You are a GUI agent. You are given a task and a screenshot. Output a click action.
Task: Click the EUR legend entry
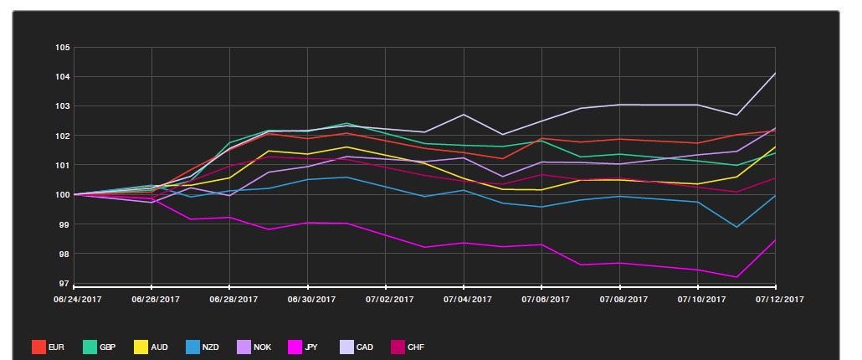pos(48,347)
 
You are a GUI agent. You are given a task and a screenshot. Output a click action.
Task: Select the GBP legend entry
pos(100,347)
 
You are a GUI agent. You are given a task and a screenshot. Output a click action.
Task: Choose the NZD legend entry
pos(203,347)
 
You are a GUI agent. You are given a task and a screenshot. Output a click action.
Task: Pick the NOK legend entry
pos(255,347)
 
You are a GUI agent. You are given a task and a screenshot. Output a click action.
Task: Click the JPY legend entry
pos(306,347)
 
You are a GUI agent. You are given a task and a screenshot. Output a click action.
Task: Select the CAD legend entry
pos(357,347)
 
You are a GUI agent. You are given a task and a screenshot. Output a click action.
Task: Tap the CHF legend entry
pos(409,347)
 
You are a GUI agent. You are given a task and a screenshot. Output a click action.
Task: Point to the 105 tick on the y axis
pos(62,48)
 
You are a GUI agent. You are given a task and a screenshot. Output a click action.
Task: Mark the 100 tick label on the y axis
pos(62,195)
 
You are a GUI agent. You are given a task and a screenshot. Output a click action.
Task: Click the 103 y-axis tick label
pos(62,106)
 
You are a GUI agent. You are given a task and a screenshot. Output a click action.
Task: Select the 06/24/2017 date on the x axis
pos(77,299)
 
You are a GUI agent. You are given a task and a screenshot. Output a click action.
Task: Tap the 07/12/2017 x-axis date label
pos(780,299)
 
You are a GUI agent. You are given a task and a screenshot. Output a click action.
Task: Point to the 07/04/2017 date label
pos(466,299)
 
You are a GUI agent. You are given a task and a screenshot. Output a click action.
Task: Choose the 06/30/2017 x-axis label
pos(310,299)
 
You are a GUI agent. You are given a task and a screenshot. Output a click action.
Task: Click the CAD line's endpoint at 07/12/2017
pos(775,74)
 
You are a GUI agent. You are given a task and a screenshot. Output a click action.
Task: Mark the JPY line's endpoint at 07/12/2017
pos(775,240)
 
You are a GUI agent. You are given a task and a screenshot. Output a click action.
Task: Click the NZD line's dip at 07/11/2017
pos(736,227)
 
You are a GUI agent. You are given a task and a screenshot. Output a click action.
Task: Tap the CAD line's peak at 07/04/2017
pos(464,115)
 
